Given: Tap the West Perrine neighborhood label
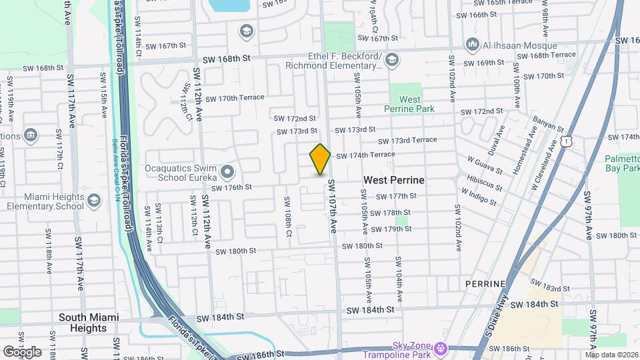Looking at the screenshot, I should click(x=393, y=181).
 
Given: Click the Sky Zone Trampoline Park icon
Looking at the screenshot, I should click(x=440, y=348).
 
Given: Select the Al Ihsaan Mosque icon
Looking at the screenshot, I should click(x=473, y=45).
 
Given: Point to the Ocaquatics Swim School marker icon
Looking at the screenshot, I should click(x=227, y=172).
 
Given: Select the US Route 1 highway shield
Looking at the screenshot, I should click(x=566, y=141).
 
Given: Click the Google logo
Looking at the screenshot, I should click(x=22, y=352).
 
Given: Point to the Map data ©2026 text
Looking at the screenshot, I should click(x=611, y=354).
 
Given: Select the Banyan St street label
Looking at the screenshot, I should click(x=548, y=125).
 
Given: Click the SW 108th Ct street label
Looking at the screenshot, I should click(x=288, y=217).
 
